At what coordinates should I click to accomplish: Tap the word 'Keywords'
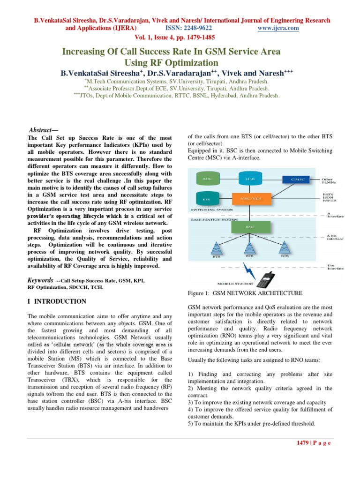pos(40,280)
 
